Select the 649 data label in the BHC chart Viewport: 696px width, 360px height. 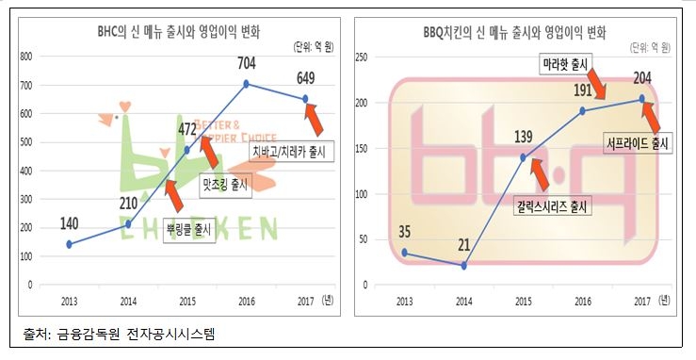(307, 80)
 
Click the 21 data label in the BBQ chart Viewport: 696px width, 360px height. (463, 246)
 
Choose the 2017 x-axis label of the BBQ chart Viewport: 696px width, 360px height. (641, 300)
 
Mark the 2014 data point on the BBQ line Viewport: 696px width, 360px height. (464, 266)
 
